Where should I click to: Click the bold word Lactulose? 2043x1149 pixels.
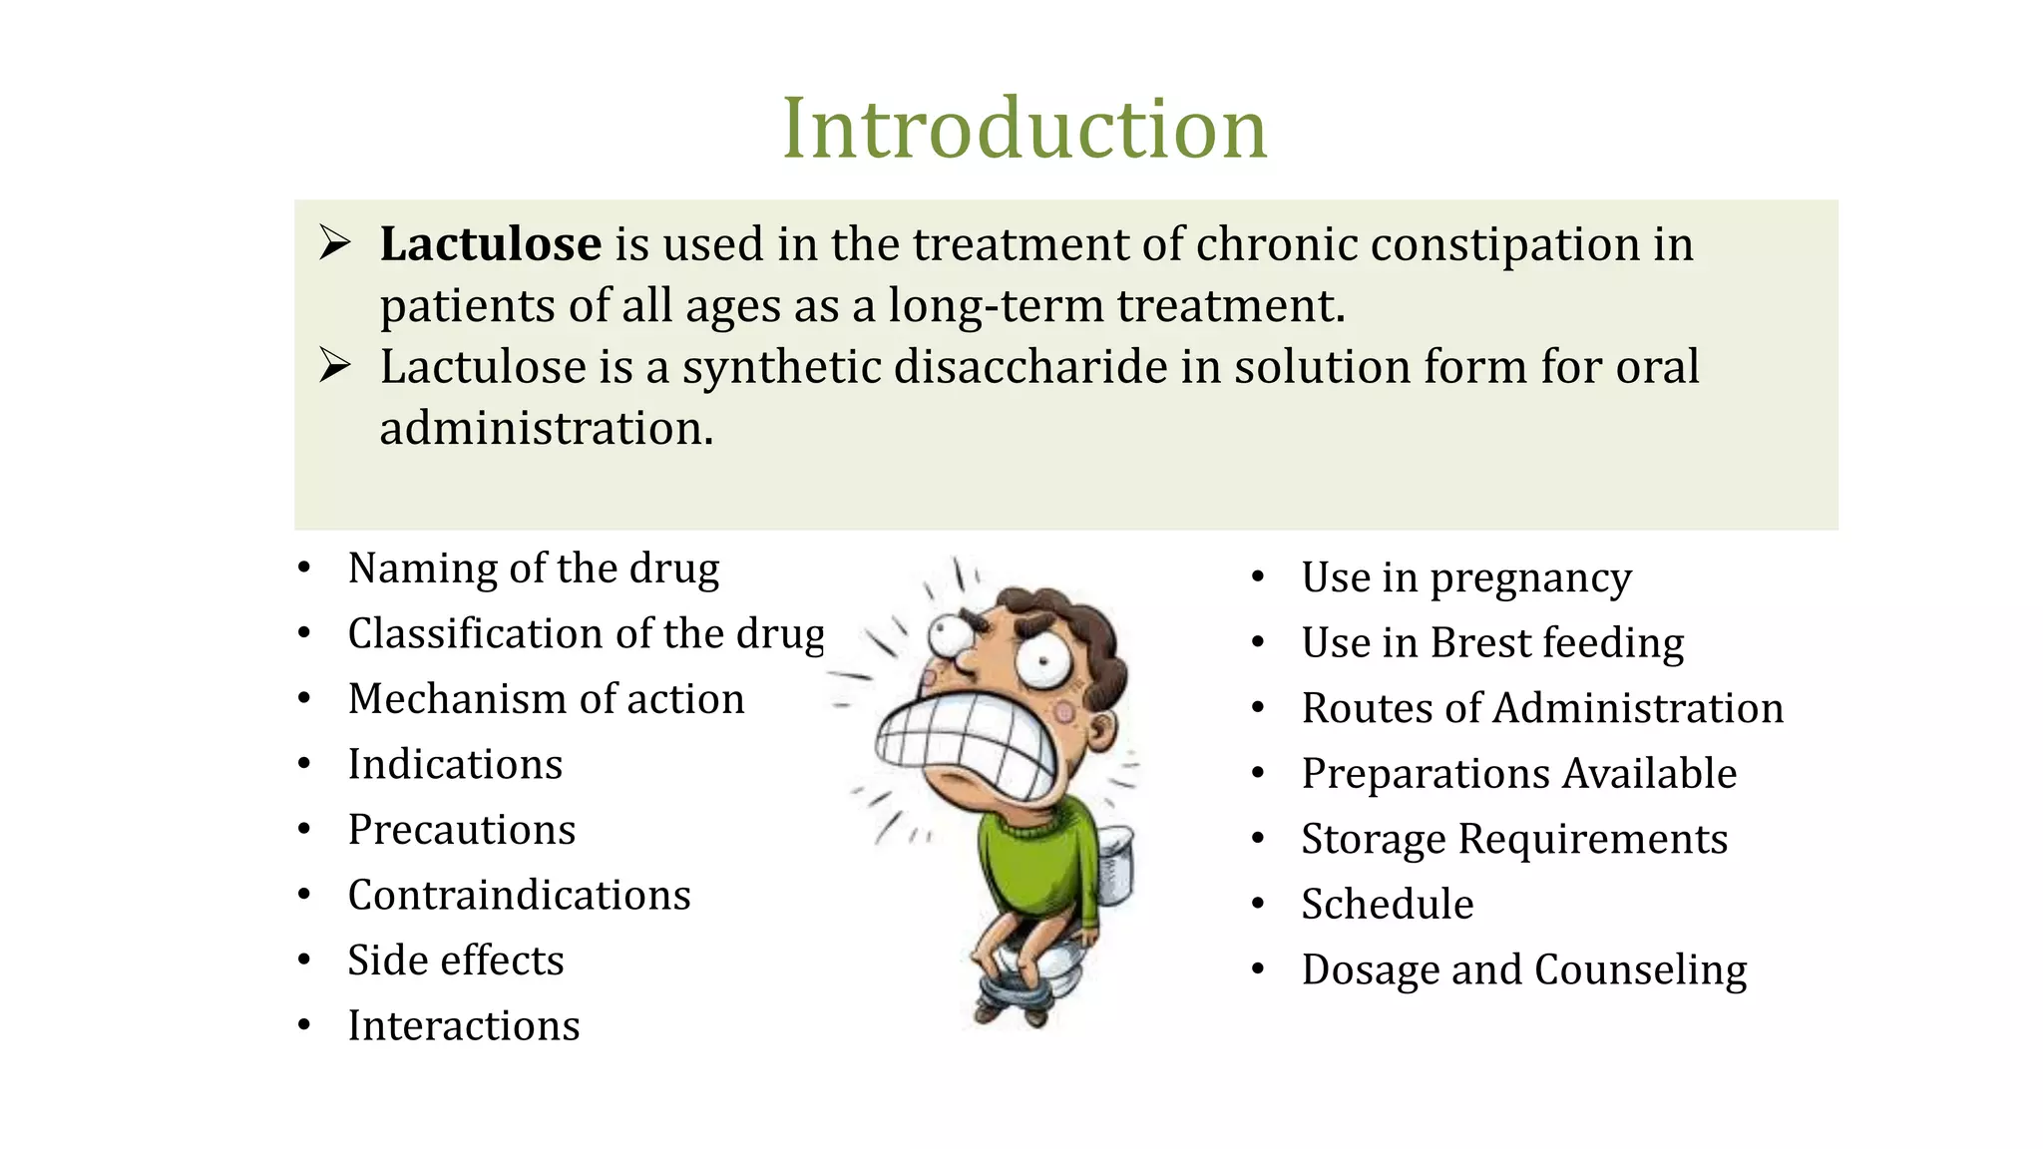[x=491, y=244]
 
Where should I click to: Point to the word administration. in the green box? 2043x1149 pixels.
[x=547, y=429]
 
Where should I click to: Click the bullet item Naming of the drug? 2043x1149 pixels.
[x=533, y=569]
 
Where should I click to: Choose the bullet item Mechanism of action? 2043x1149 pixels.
[x=546, y=699]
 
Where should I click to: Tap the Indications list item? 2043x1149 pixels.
[x=455, y=765]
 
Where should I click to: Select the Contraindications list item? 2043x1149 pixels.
[x=519, y=896]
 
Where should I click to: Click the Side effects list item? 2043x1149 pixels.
[x=456, y=960]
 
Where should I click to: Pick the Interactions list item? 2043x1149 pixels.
[x=464, y=1026]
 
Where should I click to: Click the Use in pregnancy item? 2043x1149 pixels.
[x=1466, y=578]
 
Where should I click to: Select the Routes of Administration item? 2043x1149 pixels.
[x=1542, y=709]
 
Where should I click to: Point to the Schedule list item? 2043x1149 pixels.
[x=1388, y=905]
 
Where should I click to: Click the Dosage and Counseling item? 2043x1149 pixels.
[x=1524, y=970]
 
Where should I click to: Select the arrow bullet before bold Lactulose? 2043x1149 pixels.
[x=334, y=243]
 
